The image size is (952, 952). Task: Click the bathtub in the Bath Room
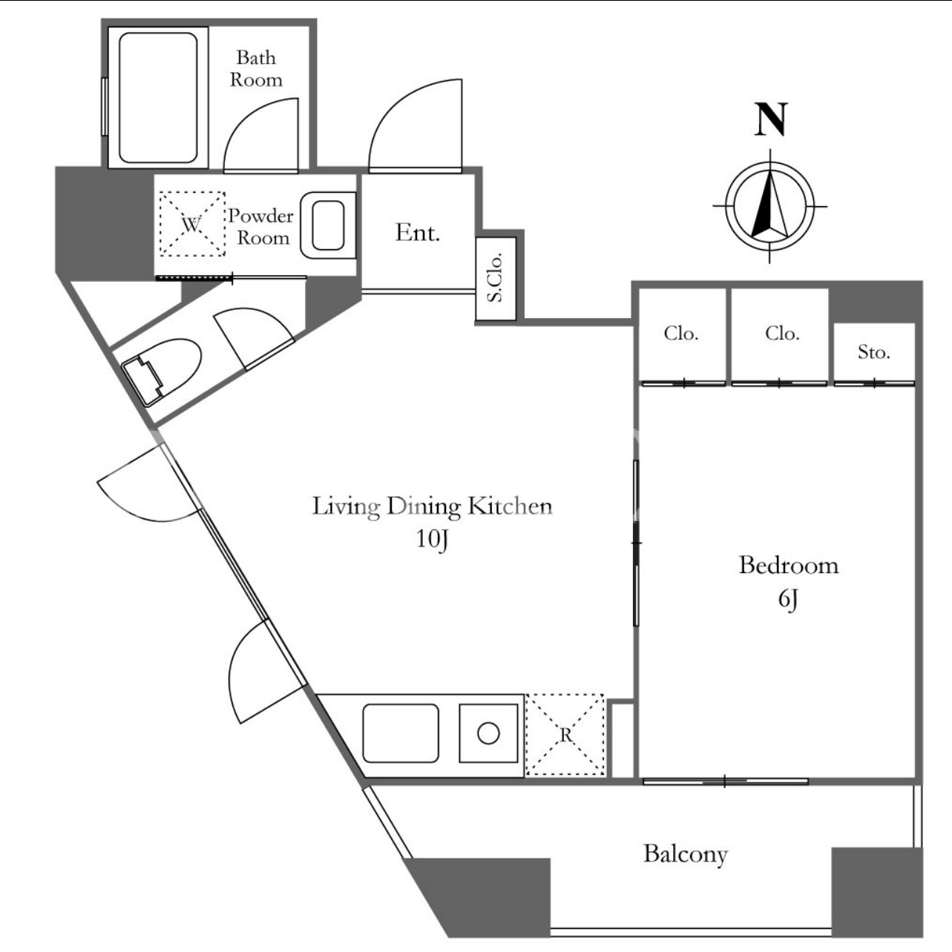pos(158,98)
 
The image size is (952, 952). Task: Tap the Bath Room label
pos(256,69)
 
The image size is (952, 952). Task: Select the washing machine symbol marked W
pos(192,224)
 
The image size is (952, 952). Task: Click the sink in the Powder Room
pos(328,225)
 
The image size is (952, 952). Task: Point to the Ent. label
pos(418,232)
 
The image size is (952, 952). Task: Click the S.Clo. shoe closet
pos(496,278)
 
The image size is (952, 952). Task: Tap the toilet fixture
pos(161,371)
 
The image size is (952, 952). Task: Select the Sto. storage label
pos(874,351)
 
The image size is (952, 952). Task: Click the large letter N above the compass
pos(770,119)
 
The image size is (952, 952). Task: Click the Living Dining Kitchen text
pos(433,506)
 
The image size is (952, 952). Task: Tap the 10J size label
pos(433,539)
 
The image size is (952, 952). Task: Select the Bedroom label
pos(788,566)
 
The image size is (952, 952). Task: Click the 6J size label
pos(788,600)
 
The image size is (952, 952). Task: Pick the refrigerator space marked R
pos(565,735)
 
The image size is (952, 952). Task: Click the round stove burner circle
pos(488,733)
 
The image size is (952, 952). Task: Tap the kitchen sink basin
pos(401,733)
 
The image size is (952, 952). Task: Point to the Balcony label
pos(686,854)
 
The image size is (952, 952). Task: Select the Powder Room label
pos(260,227)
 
